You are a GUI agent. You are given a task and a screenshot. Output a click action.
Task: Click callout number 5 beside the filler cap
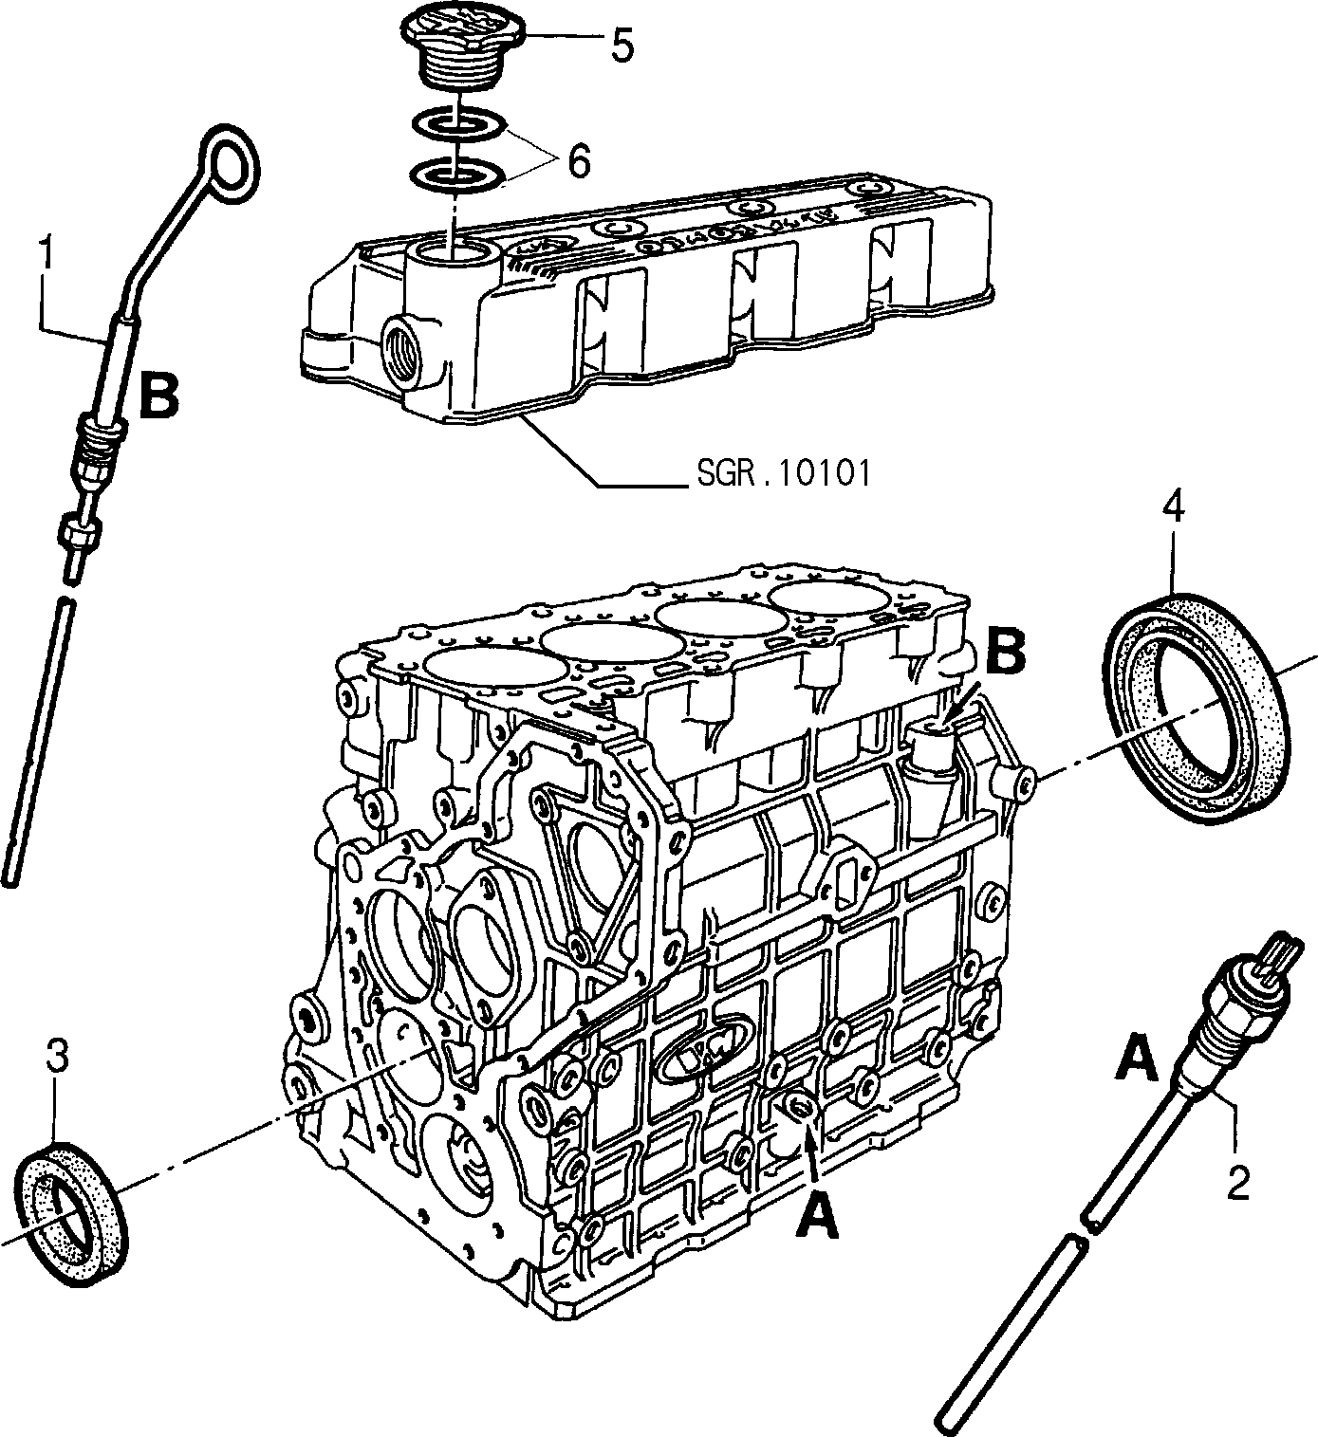tap(622, 46)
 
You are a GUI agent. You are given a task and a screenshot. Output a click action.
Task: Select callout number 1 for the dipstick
tap(46, 250)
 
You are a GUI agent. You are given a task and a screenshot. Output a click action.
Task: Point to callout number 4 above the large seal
tap(1173, 507)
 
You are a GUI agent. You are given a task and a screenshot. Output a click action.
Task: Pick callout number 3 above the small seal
tap(57, 1057)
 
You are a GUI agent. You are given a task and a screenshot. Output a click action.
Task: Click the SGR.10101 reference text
tap(784, 473)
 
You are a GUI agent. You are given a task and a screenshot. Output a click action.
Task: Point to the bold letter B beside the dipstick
tap(158, 394)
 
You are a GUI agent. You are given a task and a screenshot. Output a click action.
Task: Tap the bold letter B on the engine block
tap(1004, 652)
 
